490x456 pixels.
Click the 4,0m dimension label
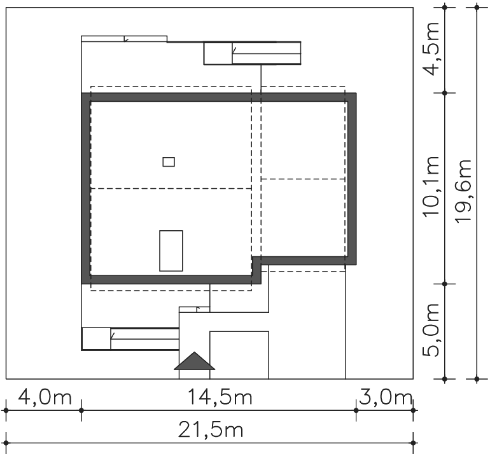coord(45,397)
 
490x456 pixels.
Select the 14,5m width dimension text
coord(220,397)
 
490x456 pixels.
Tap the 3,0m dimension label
coord(385,397)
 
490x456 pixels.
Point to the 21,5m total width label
coord(210,430)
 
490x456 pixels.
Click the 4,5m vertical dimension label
coord(431,49)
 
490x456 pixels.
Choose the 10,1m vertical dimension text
coord(431,186)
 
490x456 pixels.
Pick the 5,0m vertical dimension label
coord(431,330)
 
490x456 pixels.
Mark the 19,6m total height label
coord(463,191)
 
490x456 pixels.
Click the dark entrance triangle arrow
coord(194,361)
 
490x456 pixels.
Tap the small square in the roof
coord(169,162)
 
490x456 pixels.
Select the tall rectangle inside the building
coord(171,251)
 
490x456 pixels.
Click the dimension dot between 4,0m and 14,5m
coord(81,410)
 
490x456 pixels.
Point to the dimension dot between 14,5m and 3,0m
coord(356,410)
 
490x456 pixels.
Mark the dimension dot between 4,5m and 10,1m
coord(445,93)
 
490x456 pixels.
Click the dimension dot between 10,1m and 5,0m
coord(445,284)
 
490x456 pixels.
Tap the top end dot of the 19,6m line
coord(477,6)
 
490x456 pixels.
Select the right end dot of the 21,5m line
coord(414,443)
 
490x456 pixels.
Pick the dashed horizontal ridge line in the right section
coord(303,179)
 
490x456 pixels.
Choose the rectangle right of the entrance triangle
coord(239,355)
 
